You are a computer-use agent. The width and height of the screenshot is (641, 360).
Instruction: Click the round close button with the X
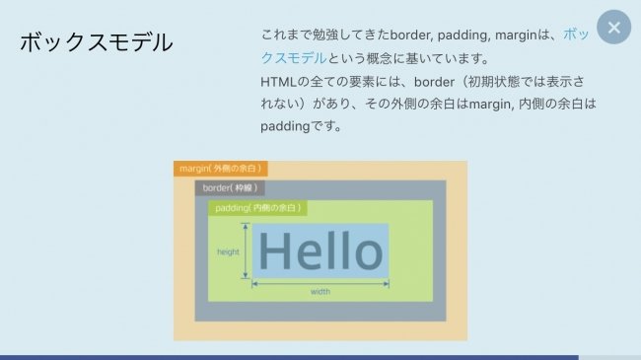click(613, 28)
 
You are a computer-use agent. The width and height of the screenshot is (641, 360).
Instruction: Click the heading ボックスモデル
click(97, 42)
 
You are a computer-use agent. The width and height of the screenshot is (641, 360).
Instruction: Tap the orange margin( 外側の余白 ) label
click(220, 169)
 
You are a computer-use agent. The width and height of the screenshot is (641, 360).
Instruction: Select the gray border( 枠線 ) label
click(230, 188)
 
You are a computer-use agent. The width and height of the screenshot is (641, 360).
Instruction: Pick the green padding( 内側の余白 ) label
click(257, 208)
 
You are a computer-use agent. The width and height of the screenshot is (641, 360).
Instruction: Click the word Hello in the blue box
click(320, 251)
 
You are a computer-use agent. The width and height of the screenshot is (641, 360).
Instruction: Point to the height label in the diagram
click(228, 252)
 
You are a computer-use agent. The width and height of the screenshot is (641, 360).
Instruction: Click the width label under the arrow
click(320, 292)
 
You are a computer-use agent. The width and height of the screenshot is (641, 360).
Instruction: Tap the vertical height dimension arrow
click(246, 251)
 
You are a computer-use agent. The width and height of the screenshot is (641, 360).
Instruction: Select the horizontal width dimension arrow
click(320, 283)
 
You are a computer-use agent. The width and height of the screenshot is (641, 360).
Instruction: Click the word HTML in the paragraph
click(278, 82)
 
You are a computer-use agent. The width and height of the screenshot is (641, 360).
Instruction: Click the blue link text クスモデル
click(294, 58)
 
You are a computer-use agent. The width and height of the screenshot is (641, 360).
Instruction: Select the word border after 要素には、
click(434, 82)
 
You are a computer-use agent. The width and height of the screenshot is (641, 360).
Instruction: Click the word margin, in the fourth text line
click(490, 105)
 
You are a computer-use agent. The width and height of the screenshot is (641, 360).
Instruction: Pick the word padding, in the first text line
click(464, 36)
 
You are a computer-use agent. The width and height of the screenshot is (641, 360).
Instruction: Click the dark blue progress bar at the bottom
click(289, 358)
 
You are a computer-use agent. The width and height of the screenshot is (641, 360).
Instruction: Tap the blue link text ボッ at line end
click(576, 36)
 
